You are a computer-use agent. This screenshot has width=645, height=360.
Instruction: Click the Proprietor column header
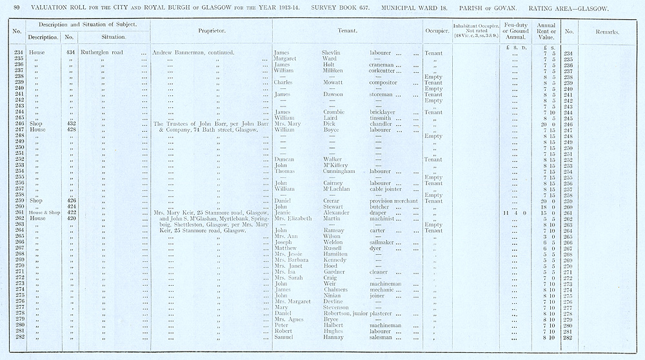point(211,30)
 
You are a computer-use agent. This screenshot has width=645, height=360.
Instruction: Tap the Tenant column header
point(348,30)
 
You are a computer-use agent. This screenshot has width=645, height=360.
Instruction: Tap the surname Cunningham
point(341,171)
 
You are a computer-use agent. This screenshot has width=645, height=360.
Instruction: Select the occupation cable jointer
point(386,189)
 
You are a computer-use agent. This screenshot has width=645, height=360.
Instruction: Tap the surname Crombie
point(334,112)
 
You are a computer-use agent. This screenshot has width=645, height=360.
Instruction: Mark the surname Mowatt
point(333,83)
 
